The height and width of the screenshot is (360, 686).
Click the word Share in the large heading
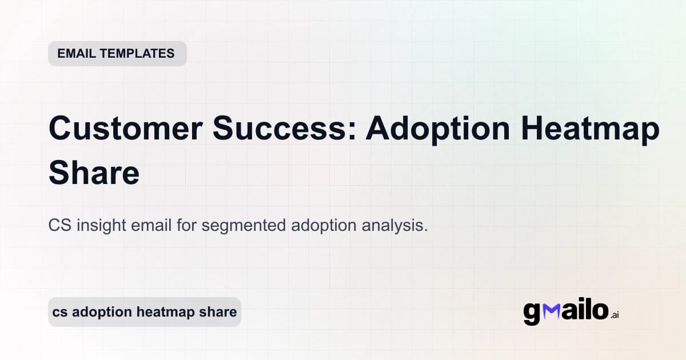pyautogui.click(x=94, y=173)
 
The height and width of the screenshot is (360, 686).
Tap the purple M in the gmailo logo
pyautogui.click(x=549, y=310)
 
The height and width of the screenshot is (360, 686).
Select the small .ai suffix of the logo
pyautogui.click(x=615, y=315)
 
